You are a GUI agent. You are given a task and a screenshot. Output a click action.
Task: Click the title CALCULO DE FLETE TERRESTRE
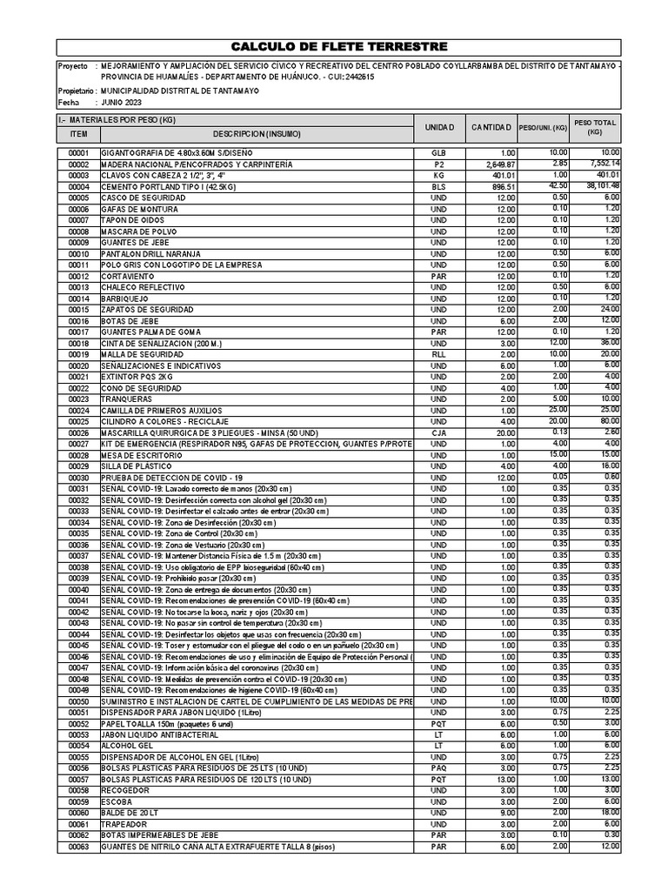[339, 46]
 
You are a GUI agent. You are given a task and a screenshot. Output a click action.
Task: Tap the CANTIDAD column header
[491, 128]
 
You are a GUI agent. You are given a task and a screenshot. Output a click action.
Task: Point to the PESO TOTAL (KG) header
[594, 128]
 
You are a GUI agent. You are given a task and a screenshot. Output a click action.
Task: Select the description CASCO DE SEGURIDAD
[139, 198]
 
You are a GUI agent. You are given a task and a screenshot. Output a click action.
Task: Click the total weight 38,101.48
[597, 186]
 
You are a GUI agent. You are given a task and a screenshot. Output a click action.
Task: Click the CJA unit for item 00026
[438, 432]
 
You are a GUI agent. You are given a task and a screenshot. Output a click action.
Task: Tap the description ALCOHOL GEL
[125, 746]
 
